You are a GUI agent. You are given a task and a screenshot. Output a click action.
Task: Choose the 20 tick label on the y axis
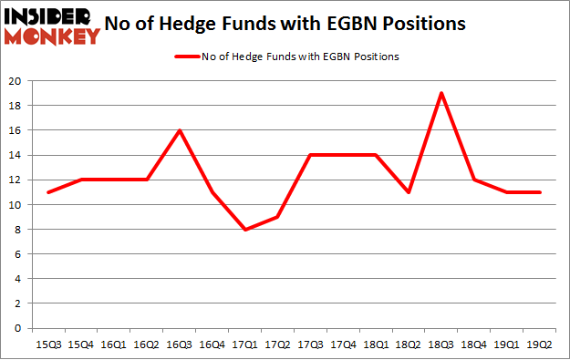16,81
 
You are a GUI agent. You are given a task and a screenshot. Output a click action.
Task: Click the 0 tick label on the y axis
18,328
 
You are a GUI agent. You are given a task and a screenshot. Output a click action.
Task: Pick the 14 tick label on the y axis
16,155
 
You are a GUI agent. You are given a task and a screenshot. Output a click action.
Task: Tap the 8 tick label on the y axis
18,230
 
